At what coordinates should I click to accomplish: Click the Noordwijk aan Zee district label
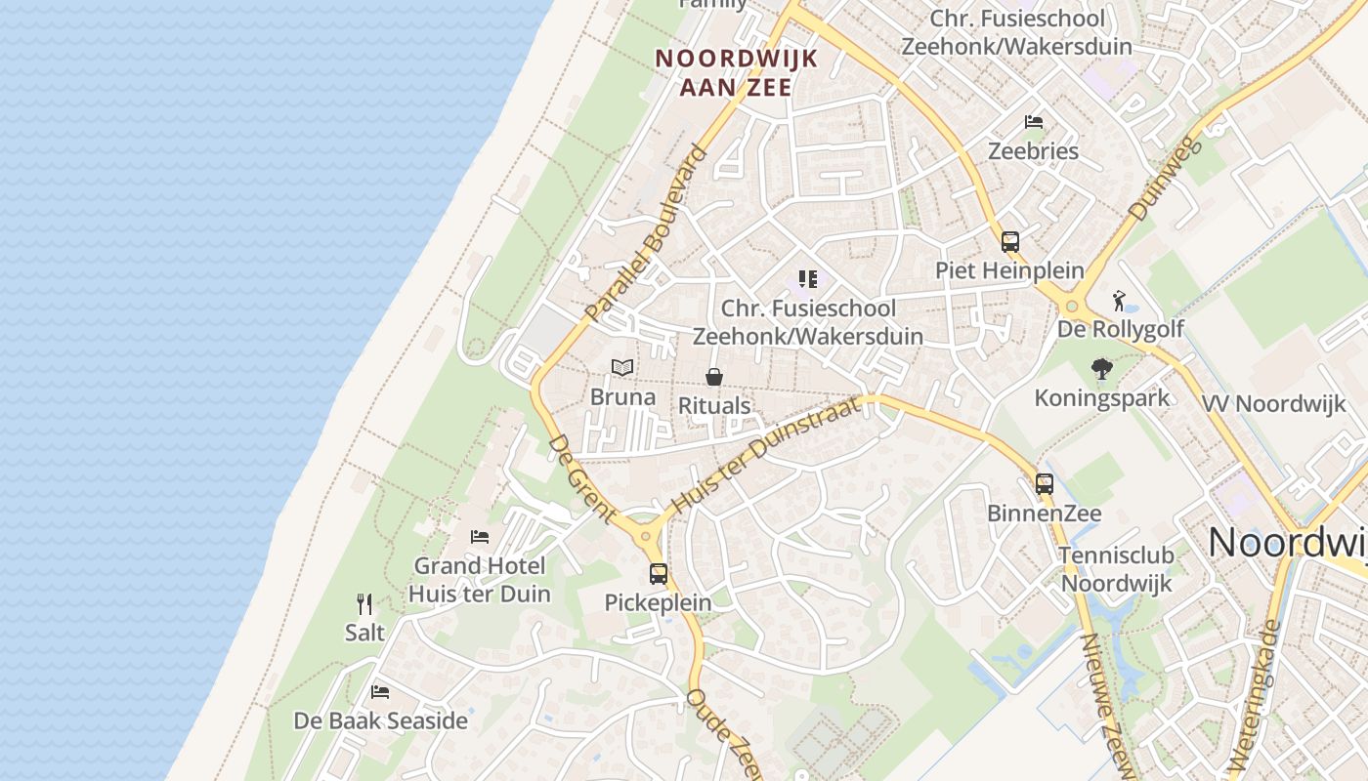736,72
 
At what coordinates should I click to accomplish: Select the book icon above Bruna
622,367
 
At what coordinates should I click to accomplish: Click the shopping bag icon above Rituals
714,376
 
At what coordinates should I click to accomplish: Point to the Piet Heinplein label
1009,270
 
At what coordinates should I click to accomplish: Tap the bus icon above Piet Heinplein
1009,241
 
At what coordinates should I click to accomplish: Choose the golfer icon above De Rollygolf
1120,301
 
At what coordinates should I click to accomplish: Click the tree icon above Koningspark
1102,368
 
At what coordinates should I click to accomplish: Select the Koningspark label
1101,398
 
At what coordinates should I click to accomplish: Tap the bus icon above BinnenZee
1045,483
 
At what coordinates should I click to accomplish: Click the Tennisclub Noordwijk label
1117,569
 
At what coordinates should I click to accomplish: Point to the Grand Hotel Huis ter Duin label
480,580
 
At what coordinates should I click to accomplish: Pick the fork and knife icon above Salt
364,603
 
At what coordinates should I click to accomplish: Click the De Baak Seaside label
381,721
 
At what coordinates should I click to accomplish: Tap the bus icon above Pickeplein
659,573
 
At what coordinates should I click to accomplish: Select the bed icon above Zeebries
1034,122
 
